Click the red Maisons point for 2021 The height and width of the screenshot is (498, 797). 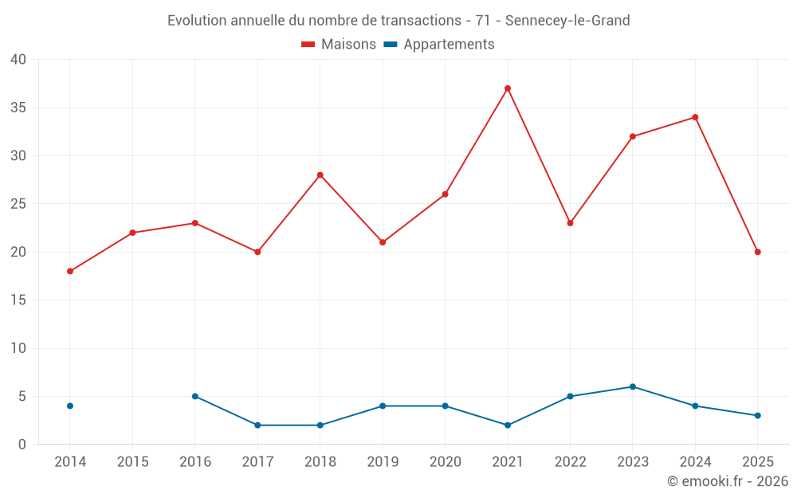[x=508, y=88]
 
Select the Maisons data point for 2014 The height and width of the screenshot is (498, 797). [x=70, y=271]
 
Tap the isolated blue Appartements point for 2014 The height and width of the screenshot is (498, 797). [x=70, y=406]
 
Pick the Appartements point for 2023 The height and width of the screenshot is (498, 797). [x=633, y=386]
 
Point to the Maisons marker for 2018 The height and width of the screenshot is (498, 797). [x=320, y=174]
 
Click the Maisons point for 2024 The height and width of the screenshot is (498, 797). [x=695, y=117]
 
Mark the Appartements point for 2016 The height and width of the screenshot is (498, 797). [x=195, y=396]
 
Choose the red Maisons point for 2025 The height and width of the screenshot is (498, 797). [x=758, y=252]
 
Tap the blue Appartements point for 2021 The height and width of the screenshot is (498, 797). [x=508, y=425]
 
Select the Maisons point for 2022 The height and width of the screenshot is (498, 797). [x=570, y=223]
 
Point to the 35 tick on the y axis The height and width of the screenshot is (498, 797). [x=18, y=108]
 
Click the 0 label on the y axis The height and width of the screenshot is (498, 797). [x=22, y=444]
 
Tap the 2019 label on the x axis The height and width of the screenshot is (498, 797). [x=383, y=462]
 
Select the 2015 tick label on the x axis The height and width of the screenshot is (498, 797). [x=132, y=462]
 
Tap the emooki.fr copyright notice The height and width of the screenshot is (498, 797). [x=727, y=481]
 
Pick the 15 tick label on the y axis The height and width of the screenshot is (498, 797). [x=18, y=300]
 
